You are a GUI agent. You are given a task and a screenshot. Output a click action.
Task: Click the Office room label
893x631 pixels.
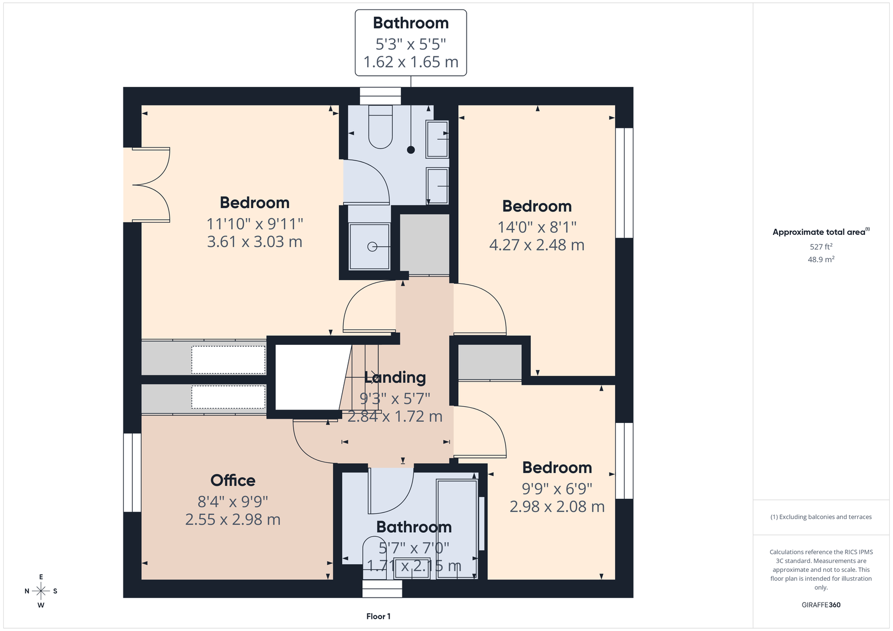tap(233, 480)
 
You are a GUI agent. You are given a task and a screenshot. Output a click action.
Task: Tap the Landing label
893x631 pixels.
tap(395, 378)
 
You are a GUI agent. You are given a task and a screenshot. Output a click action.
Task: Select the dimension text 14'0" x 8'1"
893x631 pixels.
tap(537, 227)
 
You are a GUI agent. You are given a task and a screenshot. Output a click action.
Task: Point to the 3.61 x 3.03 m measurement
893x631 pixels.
tap(255, 242)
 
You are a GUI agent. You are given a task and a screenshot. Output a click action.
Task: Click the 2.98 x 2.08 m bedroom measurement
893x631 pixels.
tap(558, 507)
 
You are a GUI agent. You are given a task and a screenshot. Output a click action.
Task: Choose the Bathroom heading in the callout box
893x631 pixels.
tap(411, 23)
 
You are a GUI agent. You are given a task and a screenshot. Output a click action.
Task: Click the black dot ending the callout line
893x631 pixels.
tap(411, 150)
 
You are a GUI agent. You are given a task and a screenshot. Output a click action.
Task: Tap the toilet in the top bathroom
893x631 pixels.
tap(380, 127)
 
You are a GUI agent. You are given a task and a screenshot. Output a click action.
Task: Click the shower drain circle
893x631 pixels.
tap(372, 247)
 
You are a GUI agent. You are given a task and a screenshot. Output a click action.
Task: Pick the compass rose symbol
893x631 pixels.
tap(41, 591)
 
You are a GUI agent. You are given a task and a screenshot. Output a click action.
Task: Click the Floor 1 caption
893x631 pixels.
tap(378, 616)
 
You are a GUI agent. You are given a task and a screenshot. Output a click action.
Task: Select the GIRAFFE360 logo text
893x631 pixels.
tap(821, 605)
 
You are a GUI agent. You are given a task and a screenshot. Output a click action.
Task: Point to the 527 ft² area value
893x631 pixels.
tap(821, 247)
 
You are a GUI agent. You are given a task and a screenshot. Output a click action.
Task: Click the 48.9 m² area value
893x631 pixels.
tap(821, 259)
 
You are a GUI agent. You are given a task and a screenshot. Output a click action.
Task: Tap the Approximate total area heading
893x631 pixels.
tap(821, 232)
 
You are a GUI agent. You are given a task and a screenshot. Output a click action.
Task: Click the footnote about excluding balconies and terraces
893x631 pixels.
tap(821, 517)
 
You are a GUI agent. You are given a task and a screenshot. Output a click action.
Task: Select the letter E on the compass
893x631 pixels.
tap(41, 577)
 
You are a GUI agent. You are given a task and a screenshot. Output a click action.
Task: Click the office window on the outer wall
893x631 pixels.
tap(132, 473)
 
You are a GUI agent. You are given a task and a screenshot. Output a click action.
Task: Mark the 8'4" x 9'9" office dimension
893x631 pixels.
tap(233, 502)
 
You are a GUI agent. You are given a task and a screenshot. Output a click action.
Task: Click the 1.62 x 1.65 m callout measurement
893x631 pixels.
tap(411, 62)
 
